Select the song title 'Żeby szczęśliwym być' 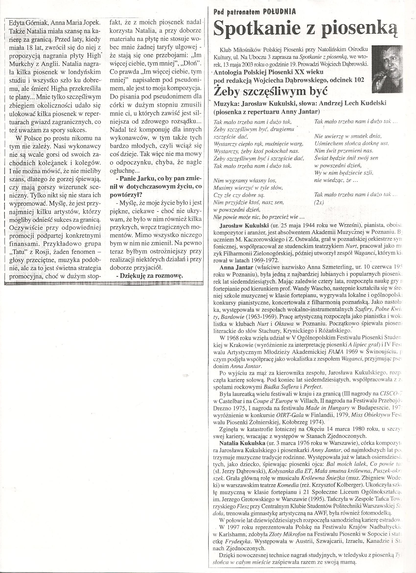(270, 91)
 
